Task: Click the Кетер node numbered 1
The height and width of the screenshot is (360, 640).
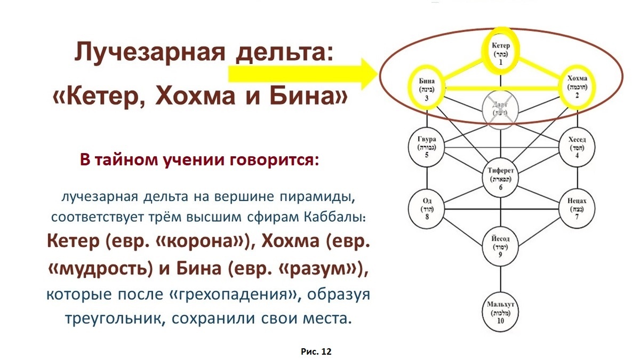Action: (x=501, y=52)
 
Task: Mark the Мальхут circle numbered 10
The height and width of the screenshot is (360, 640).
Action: (x=501, y=311)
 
